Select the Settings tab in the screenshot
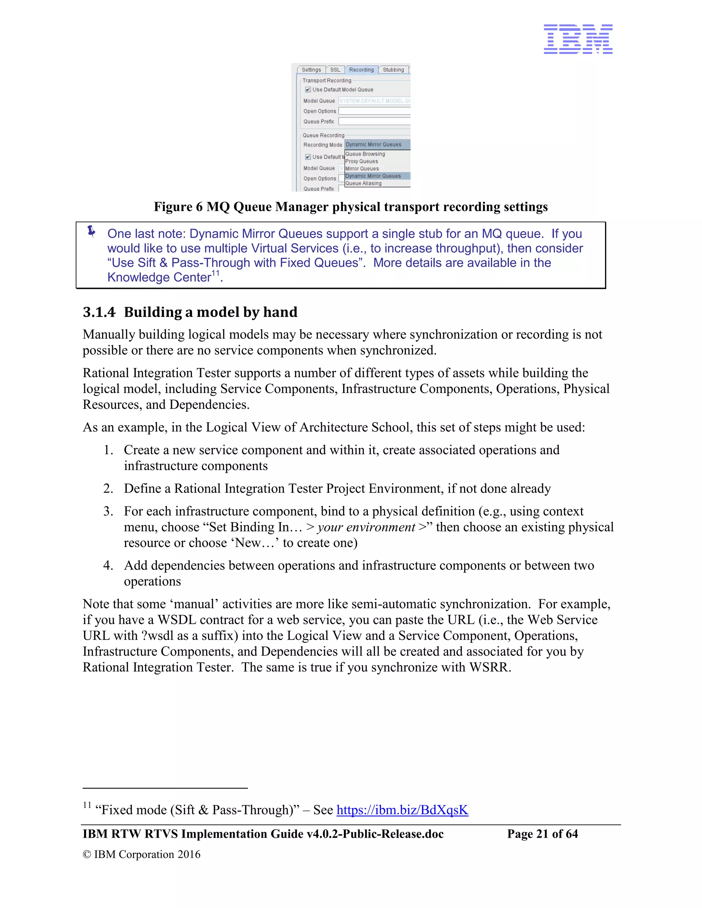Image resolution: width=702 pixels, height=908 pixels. (x=311, y=70)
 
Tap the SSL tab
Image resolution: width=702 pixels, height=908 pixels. (x=335, y=70)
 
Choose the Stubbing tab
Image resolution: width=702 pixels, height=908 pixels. (x=393, y=70)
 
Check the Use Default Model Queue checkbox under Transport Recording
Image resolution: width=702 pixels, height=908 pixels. (x=308, y=89)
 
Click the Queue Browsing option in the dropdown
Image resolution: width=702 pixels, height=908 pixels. (x=365, y=154)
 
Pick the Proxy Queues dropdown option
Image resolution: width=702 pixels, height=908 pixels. (x=362, y=161)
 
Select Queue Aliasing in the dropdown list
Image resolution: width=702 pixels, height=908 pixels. (x=363, y=183)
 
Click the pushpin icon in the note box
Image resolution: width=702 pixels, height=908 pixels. (x=92, y=231)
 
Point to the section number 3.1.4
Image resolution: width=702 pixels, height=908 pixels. (x=99, y=312)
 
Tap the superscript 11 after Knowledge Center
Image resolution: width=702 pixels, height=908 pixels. (x=215, y=273)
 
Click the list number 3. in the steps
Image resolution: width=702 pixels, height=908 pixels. (x=108, y=511)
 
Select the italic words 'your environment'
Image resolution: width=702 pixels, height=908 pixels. (x=366, y=527)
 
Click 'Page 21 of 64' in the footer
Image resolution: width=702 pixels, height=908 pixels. (x=542, y=834)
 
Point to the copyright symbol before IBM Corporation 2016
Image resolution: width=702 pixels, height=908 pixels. (x=86, y=854)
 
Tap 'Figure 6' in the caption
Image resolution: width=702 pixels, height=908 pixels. (x=178, y=207)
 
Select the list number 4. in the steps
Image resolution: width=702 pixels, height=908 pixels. (x=108, y=565)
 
